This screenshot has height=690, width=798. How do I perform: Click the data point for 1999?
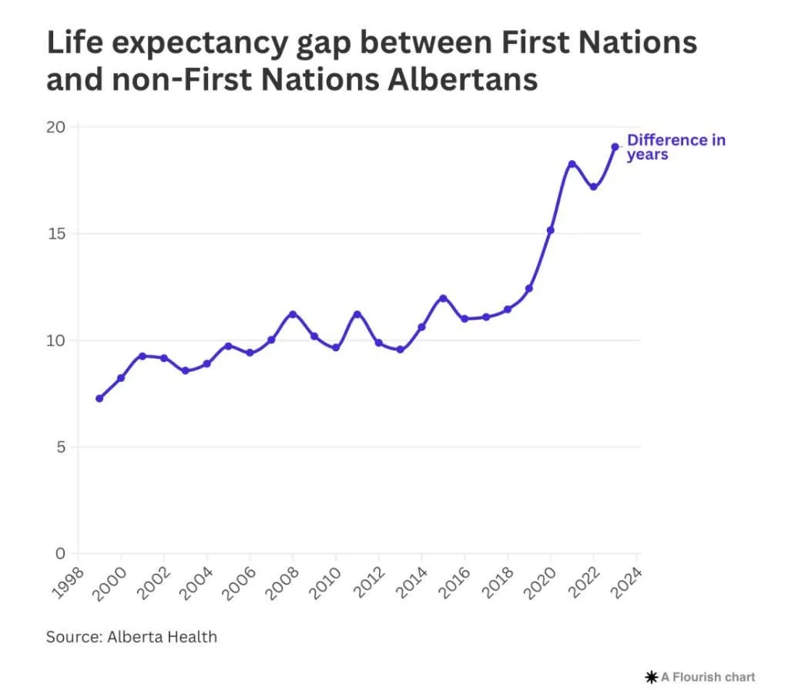99,398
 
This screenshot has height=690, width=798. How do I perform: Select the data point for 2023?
615,147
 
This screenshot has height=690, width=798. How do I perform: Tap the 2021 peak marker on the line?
572,164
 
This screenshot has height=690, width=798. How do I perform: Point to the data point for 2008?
293,314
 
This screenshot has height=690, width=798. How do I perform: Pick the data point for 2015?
443,298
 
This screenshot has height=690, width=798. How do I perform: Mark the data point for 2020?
550,230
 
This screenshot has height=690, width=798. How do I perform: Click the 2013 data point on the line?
400,350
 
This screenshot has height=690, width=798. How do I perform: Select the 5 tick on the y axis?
62,447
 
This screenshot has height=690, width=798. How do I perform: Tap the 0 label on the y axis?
62,554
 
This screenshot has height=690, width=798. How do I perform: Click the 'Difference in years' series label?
676,147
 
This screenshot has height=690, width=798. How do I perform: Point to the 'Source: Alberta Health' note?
132,637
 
